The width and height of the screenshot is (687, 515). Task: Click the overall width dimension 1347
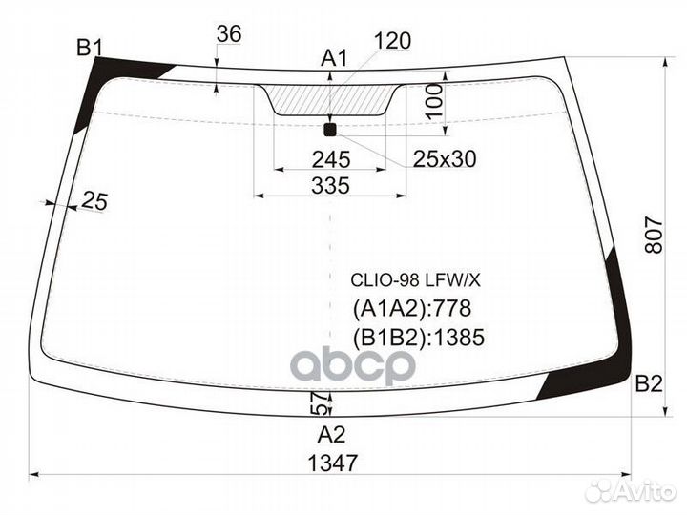tap(333, 463)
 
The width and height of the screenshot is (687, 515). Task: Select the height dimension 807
tap(655, 235)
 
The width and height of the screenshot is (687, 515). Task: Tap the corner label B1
tap(90, 48)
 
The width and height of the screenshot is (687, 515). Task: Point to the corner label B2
tap(649, 384)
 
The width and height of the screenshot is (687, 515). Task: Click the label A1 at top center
tap(334, 58)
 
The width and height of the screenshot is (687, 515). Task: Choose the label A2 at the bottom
tap(332, 435)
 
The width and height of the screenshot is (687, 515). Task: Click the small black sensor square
tap(329, 130)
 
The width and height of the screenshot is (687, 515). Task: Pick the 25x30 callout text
tap(445, 159)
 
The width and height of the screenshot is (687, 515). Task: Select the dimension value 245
tap(331, 159)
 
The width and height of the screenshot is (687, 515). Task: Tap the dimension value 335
tap(331, 186)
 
